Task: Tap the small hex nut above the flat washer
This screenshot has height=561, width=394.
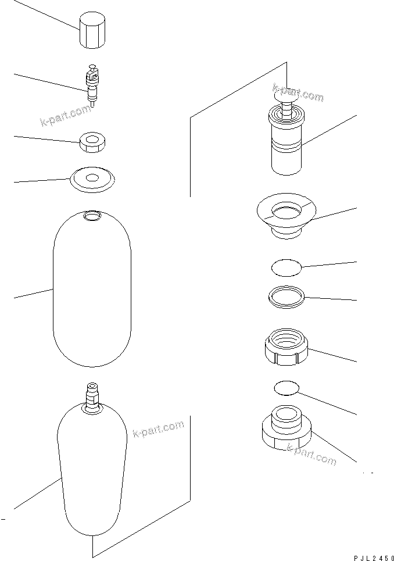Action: pyautogui.click(x=92, y=142)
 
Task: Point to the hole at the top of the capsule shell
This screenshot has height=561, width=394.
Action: pyautogui.click(x=92, y=216)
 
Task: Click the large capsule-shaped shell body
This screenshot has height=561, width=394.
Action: pyautogui.click(x=92, y=291)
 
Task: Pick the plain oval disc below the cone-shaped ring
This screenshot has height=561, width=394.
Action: pyautogui.click(x=286, y=267)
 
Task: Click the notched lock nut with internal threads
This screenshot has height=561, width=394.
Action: pyautogui.click(x=286, y=347)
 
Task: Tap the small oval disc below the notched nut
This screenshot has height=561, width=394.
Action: pyautogui.click(x=286, y=388)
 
